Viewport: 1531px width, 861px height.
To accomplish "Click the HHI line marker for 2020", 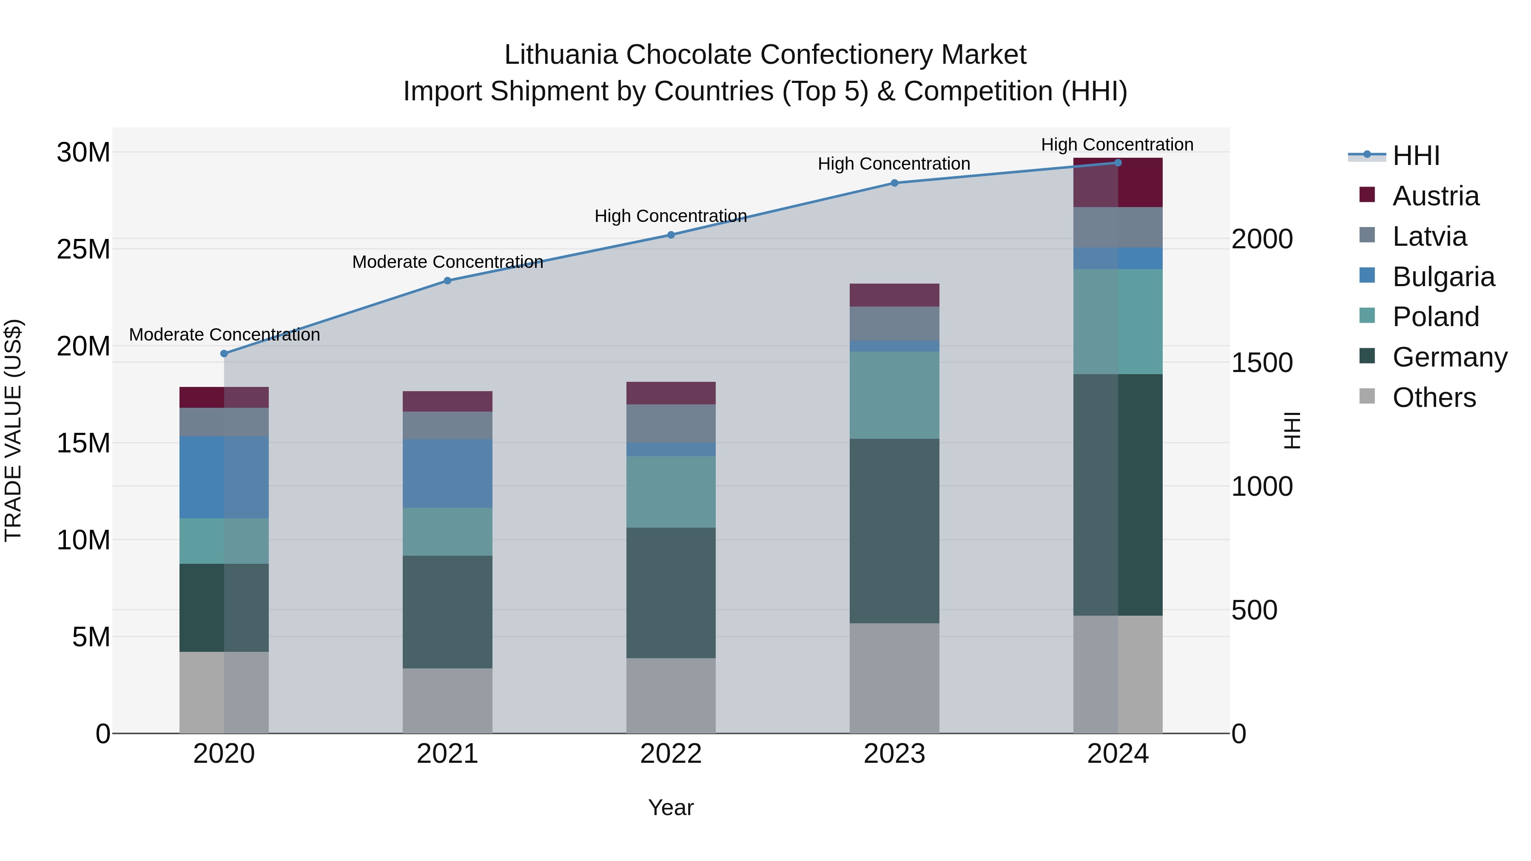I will click(x=224, y=354).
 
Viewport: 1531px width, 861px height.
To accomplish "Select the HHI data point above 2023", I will click(x=894, y=183).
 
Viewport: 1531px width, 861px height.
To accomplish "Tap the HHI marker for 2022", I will click(x=671, y=235).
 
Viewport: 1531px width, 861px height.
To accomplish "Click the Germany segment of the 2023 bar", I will click(x=894, y=531).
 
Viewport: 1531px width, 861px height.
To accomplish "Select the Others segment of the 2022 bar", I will click(x=671, y=695).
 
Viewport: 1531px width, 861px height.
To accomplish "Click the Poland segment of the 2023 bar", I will click(x=894, y=395).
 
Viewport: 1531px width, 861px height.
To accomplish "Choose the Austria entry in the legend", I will click(x=1435, y=196).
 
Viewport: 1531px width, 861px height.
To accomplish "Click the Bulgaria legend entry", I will click(x=1443, y=277).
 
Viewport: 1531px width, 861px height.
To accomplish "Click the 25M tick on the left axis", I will click(x=83, y=250).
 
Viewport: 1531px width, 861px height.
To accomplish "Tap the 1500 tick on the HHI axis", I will click(x=1261, y=363).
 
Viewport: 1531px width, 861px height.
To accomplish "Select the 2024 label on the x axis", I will click(x=1117, y=754).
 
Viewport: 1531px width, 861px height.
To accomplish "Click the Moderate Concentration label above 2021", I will click(x=447, y=262).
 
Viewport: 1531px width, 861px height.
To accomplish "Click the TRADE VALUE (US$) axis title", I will click(x=13, y=430).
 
